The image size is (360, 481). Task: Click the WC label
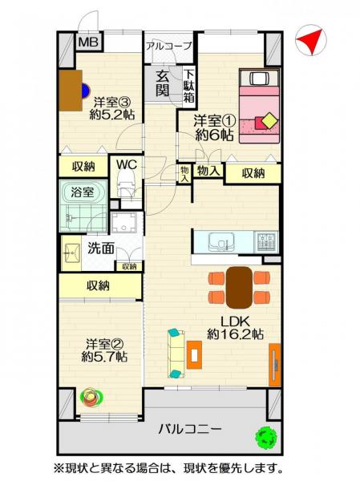pyautogui.click(x=127, y=165)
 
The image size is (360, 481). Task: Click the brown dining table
pyautogui.click(x=239, y=285)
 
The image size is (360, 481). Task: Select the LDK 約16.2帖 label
pyautogui.click(x=234, y=329)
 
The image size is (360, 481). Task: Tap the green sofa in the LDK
pyautogui.click(x=176, y=353)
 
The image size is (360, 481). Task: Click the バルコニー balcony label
pyautogui.click(x=189, y=430)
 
